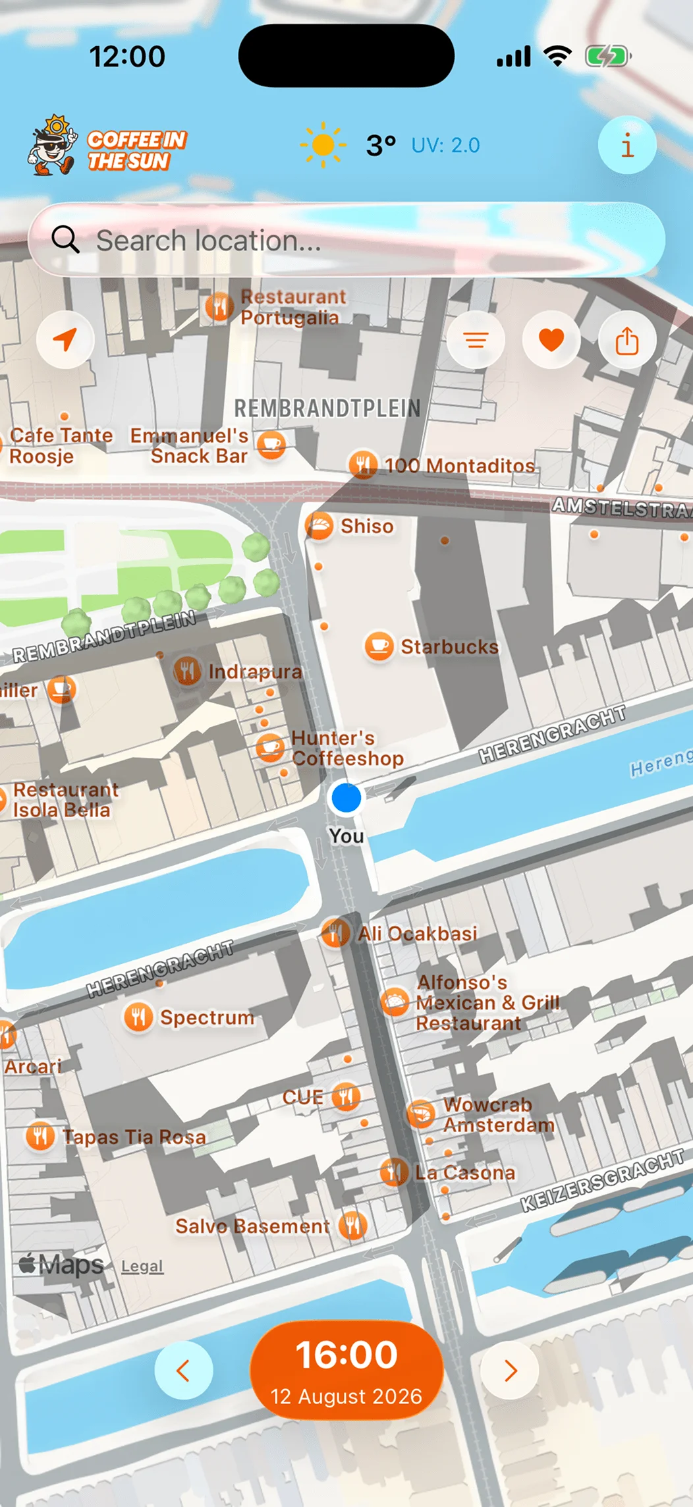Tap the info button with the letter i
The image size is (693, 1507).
(626, 145)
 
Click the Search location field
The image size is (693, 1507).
(346, 241)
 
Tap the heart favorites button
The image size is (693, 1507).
(551, 340)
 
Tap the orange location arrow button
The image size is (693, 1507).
(65, 340)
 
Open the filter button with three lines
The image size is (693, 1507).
(476, 340)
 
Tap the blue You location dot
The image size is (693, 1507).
(346, 798)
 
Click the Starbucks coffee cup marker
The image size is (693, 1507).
(379, 646)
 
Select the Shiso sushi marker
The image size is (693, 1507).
(319, 526)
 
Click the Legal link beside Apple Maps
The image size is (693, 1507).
(142, 1266)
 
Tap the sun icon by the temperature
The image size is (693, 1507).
(323, 145)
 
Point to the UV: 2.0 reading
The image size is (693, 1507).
(445, 145)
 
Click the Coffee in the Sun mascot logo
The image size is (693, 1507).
(51, 146)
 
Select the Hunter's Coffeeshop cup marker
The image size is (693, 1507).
(269, 747)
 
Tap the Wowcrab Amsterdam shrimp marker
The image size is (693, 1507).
(420, 1114)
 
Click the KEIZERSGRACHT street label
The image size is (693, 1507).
(602, 1180)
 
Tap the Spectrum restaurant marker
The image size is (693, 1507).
(138, 1017)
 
